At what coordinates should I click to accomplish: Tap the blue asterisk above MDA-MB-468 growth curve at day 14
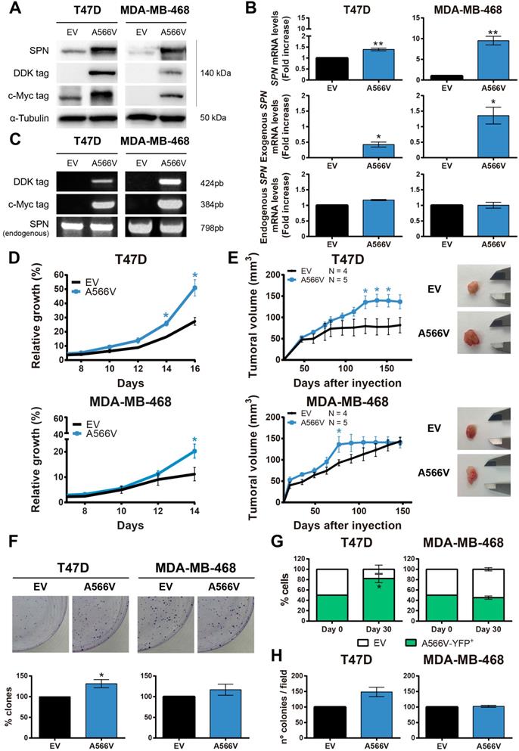[195, 439]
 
